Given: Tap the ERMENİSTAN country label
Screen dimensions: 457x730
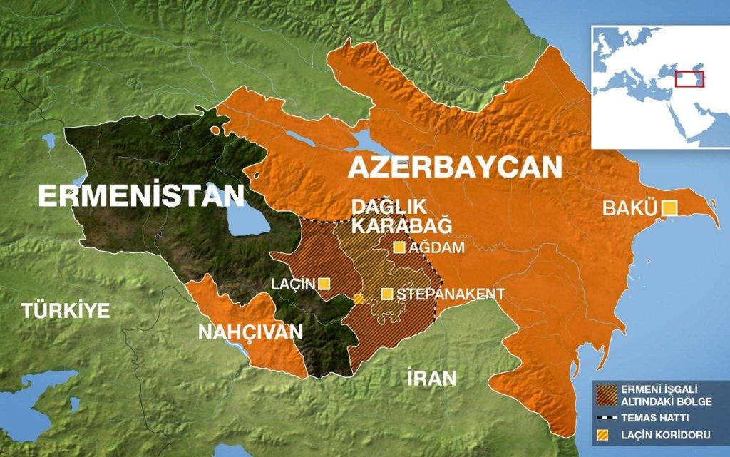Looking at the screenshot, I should [141, 195].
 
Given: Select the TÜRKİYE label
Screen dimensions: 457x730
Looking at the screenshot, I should [66, 311].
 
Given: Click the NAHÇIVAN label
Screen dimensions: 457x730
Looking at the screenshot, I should [250, 332].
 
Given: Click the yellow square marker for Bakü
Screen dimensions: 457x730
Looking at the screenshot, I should [669, 207].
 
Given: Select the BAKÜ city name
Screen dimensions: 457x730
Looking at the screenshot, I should [629, 209].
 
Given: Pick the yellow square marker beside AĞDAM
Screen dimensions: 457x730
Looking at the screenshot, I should [399, 247].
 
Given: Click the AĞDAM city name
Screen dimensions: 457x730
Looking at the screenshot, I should [437, 247].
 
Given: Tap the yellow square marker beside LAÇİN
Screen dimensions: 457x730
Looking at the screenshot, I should [324, 284].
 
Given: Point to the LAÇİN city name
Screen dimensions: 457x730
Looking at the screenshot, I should [292, 284].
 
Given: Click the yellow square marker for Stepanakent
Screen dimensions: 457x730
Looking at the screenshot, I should [387, 294].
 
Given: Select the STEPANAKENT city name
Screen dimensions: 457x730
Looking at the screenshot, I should [451, 294].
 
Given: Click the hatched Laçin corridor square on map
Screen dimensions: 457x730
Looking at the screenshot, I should [359, 299].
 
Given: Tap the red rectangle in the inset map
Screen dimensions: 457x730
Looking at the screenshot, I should [689, 78].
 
